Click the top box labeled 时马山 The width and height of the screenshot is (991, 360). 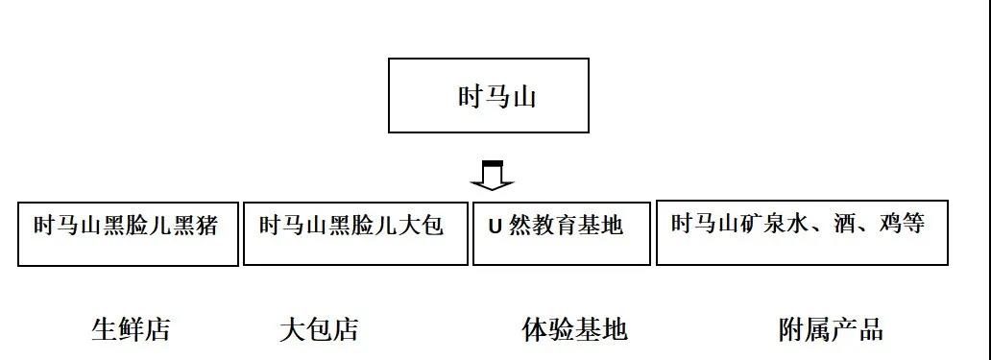tap(488, 95)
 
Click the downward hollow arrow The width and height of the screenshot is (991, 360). tap(492, 176)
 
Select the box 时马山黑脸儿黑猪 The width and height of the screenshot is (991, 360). tap(128, 233)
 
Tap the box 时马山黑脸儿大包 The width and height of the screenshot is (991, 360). tap(354, 233)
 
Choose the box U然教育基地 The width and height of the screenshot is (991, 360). tap(561, 233)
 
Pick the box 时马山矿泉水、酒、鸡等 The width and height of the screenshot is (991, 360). tap(801, 232)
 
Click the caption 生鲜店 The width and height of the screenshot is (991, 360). tap(131, 330)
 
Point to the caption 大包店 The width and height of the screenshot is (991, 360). tap(319, 330)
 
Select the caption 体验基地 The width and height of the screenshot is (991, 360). tap(574, 330)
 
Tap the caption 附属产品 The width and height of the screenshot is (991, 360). tap(831, 330)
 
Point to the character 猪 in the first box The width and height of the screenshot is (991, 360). tap(207, 227)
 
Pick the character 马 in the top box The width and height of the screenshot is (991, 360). tap(495, 97)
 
